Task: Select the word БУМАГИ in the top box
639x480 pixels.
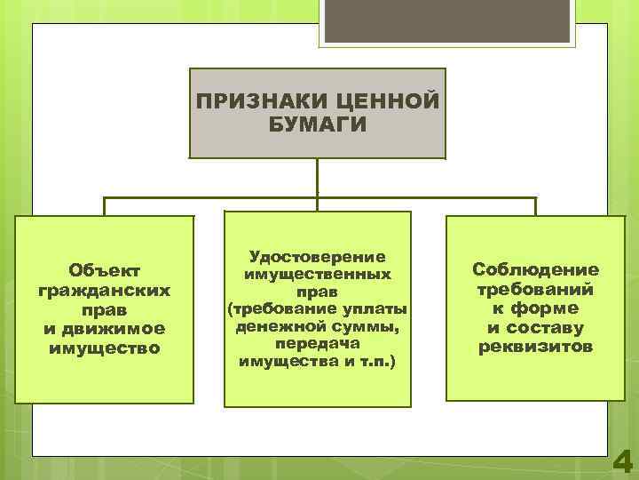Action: point(317,124)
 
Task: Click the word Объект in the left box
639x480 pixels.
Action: point(105,268)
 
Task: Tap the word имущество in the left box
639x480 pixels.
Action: point(105,348)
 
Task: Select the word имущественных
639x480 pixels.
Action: point(318,275)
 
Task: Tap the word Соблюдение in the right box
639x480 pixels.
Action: point(535,269)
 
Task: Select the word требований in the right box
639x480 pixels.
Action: point(535,289)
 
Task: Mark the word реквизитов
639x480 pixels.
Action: point(535,347)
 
